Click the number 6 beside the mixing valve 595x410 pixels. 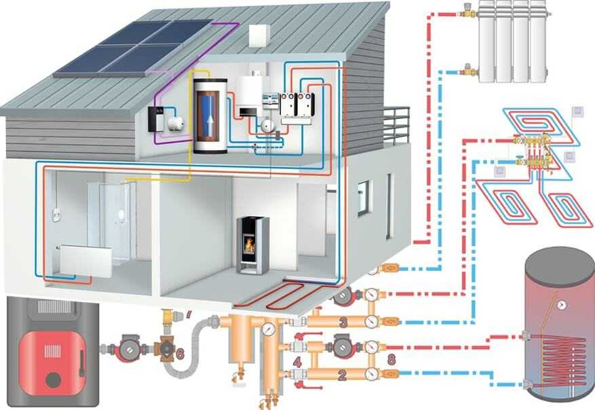(x=180, y=354)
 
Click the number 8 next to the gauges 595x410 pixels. (x=389, y=358)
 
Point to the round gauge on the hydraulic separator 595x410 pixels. (x=270, y=329)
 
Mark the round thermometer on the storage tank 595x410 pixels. (x=562, y=306)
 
